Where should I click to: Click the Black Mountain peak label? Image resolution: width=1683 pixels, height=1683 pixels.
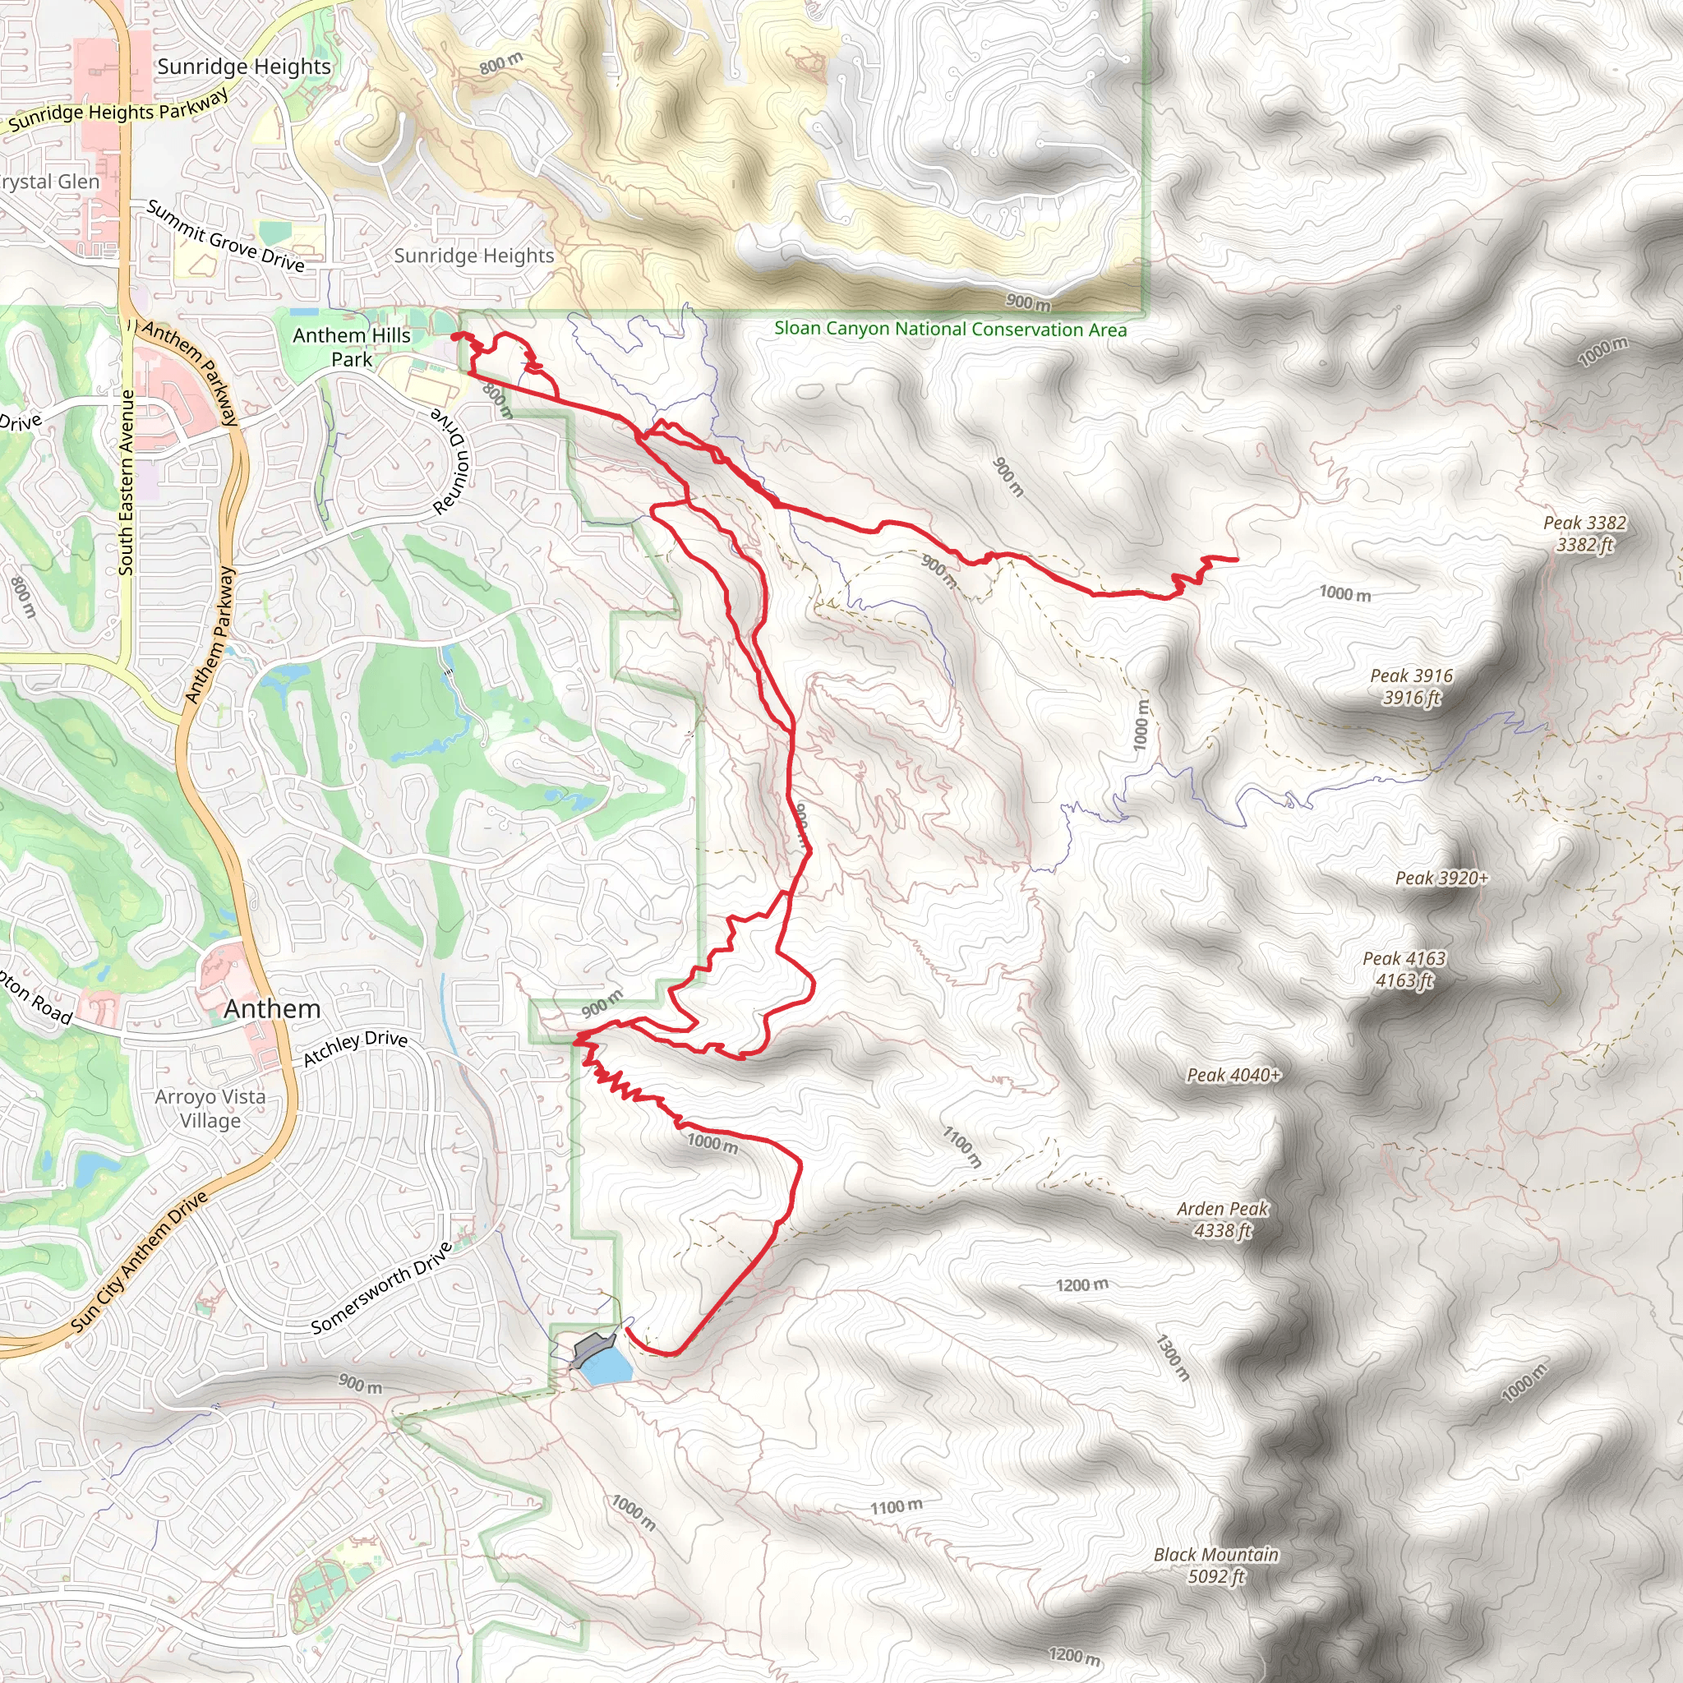(1216, 1565)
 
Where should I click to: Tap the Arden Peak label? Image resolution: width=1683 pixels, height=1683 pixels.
(1222, 1219)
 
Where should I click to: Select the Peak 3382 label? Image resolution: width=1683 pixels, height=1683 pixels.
(1584, 533)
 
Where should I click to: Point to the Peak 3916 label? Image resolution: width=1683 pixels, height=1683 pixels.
(1411, 685)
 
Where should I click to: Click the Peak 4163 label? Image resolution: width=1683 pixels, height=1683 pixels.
(1404, 969)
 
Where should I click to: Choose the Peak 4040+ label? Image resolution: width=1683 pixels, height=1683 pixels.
(1233, 1075)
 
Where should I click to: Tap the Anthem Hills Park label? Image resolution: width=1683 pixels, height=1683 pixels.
(352, 347)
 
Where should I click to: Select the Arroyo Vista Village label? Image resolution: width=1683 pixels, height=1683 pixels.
(210, 1108)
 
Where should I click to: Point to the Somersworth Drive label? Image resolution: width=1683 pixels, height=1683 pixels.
(381, 1288)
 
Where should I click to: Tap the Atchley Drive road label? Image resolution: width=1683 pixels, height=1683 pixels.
(354, 1048)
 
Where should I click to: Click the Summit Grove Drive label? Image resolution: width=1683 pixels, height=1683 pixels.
(226, 235)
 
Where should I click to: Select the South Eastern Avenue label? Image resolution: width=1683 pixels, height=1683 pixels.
(127, 482)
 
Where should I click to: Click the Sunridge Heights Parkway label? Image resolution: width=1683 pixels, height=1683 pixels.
(119, 111)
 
